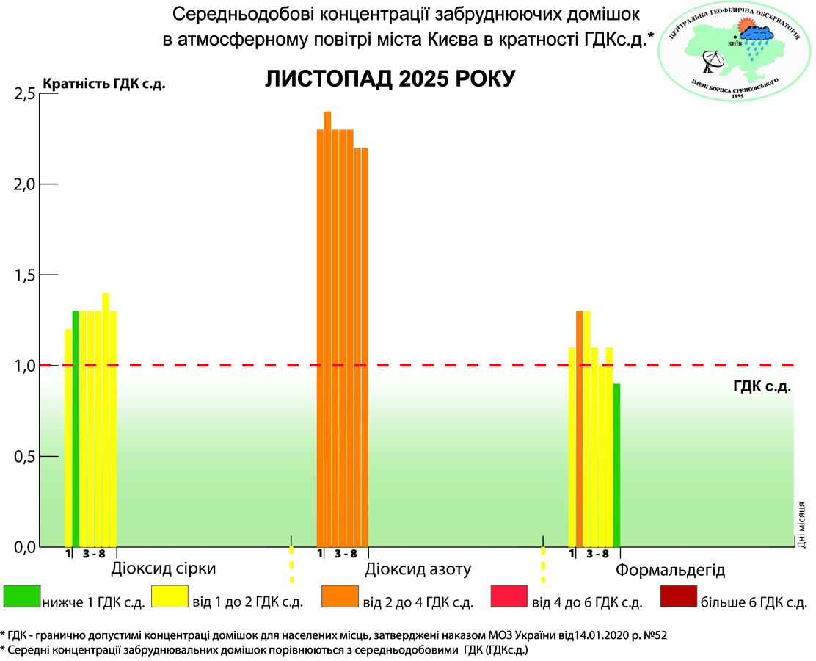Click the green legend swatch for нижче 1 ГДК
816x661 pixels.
21,597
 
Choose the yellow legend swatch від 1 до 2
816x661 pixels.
170,597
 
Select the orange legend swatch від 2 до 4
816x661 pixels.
340,597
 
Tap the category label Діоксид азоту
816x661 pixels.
418,570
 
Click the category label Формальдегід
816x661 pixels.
670,570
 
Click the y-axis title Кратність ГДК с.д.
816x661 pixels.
105,83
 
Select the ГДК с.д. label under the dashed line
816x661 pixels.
761,386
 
